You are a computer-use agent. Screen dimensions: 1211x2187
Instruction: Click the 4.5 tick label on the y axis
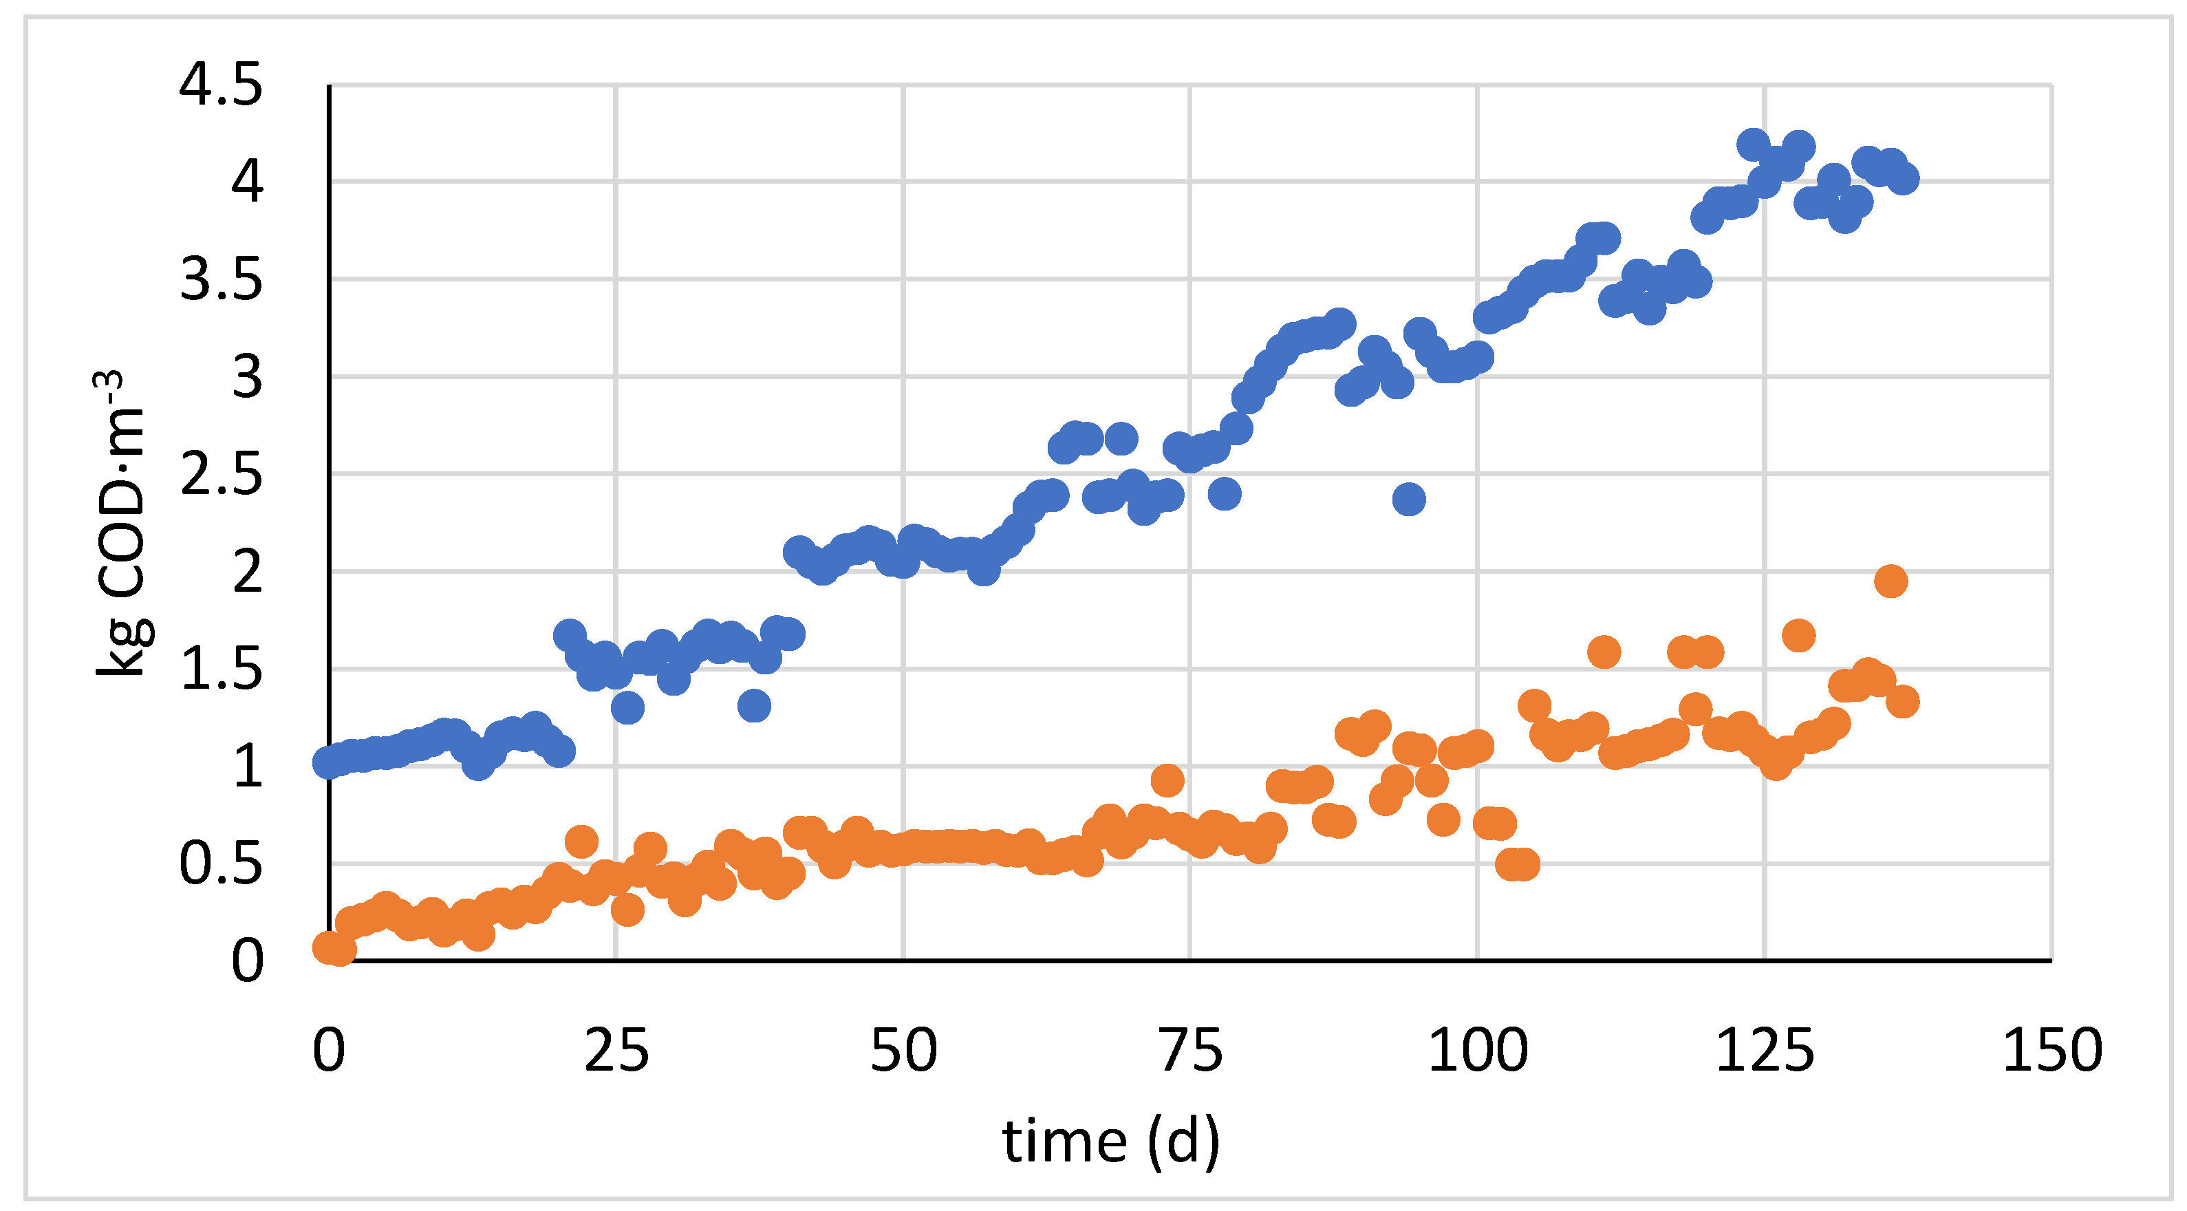point(221,86)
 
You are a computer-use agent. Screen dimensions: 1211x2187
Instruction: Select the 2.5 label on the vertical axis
point(221,475)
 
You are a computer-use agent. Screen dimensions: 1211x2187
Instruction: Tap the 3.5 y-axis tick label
point(221,280)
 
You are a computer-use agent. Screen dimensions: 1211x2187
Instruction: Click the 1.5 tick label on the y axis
point(221,670)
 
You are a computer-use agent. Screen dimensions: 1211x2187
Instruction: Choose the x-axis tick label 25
point(616,1051)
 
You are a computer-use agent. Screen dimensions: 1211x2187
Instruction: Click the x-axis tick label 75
point(1191,1051)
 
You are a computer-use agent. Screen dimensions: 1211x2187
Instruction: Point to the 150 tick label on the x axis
point(2052,1051)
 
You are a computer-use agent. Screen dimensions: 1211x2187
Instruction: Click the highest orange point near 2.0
point(1890,581)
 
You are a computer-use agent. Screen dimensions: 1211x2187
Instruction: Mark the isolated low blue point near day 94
point(1408,500)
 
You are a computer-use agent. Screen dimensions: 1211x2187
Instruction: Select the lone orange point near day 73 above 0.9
point(1167,780)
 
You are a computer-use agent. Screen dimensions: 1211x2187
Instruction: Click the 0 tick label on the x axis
point(329,1051)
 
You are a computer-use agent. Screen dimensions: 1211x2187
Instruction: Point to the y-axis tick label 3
point(247,378)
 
